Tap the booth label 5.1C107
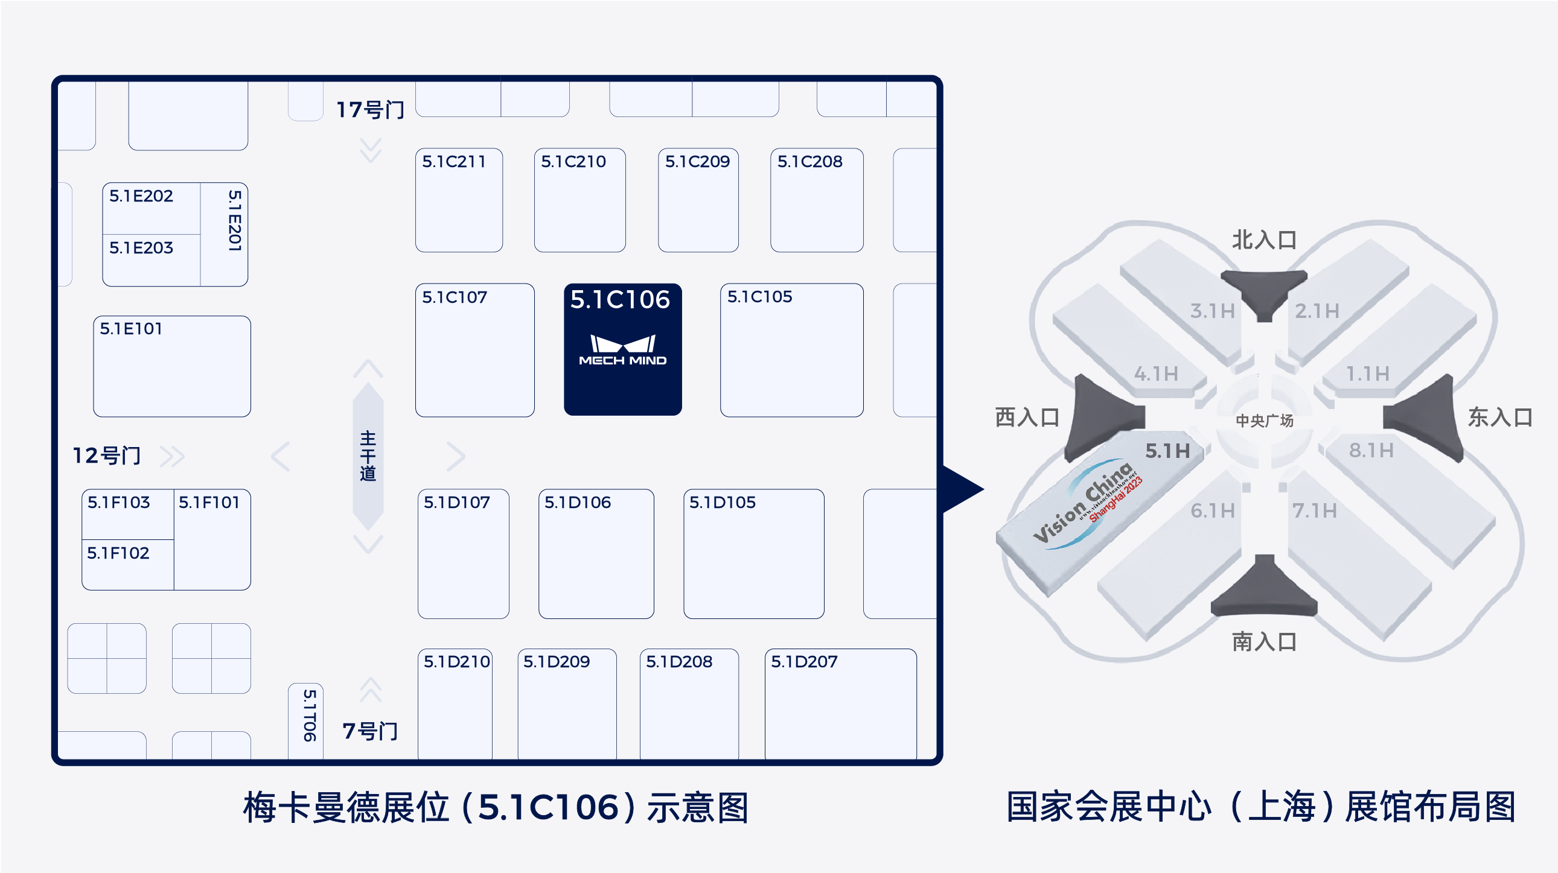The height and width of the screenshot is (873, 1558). pyautogui.click(x=454, y=297)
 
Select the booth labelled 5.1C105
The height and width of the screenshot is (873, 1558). pyautogui.click(x=791, y=350)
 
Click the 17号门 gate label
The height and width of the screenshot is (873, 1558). pyautogui.click(x=370, y=110)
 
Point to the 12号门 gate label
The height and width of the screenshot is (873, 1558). pyautogui.click(x=107, y=456)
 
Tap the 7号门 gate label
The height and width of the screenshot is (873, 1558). pyautogui.click(x=370, y=732)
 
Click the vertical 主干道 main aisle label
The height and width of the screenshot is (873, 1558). pyautogui.click(x=368, y=456)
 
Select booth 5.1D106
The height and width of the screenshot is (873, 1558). pyautogui.click(x=596, y=553)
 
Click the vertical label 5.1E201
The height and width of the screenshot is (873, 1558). pyautogui.click(x=235, y=221)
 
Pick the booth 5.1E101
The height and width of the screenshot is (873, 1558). pyautogui.click(x=172, y=366)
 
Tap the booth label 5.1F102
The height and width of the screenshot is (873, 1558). pyautogui.click(x=118, y=553)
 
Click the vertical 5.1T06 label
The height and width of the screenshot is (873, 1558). pyautogui.click(x=309, y=716)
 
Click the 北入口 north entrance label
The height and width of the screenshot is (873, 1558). pyautogui.click(x=1264, y=240)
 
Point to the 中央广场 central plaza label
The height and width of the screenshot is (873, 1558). pyautogui.click(x=1264, y=421)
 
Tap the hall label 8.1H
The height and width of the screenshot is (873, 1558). pyautogui.click(x=1371, y=451)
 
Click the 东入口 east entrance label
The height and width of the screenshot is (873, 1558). pyautogui.click(x=1500, y=417)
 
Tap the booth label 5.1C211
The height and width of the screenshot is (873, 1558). pyautogui.click(x=453, y=162)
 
